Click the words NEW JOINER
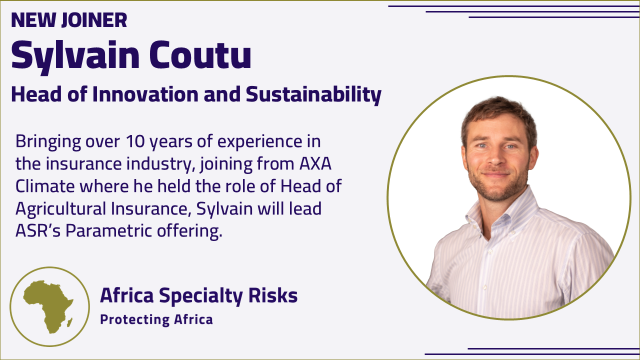tap(69, 20)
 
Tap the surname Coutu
tap(200, 54)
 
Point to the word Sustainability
tap(313, 95)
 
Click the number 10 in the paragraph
tap(135, 141)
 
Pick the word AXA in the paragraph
tap(315, 163)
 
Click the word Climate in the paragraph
tap(45, 186)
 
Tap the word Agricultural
tap(61, 209)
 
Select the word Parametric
tap(109, 230)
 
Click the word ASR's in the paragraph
tap(38, 230)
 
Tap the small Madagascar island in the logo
tap(69, 322)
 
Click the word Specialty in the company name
tap(201, 296)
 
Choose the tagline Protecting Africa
tap(156, 319)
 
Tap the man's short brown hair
tap(498, 114)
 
